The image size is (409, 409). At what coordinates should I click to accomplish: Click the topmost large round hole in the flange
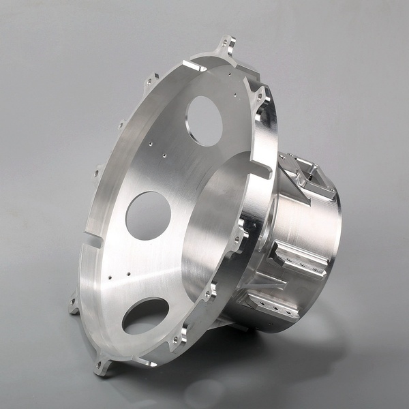205,120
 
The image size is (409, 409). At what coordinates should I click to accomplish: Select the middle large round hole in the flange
148,215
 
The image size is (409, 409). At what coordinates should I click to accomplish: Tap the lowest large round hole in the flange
146,316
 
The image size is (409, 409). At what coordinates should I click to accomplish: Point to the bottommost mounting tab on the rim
102,368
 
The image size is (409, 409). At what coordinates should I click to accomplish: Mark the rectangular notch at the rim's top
195,67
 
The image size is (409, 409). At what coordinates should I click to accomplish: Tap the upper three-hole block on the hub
298,260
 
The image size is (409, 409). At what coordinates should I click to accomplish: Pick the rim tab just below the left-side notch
74,304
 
